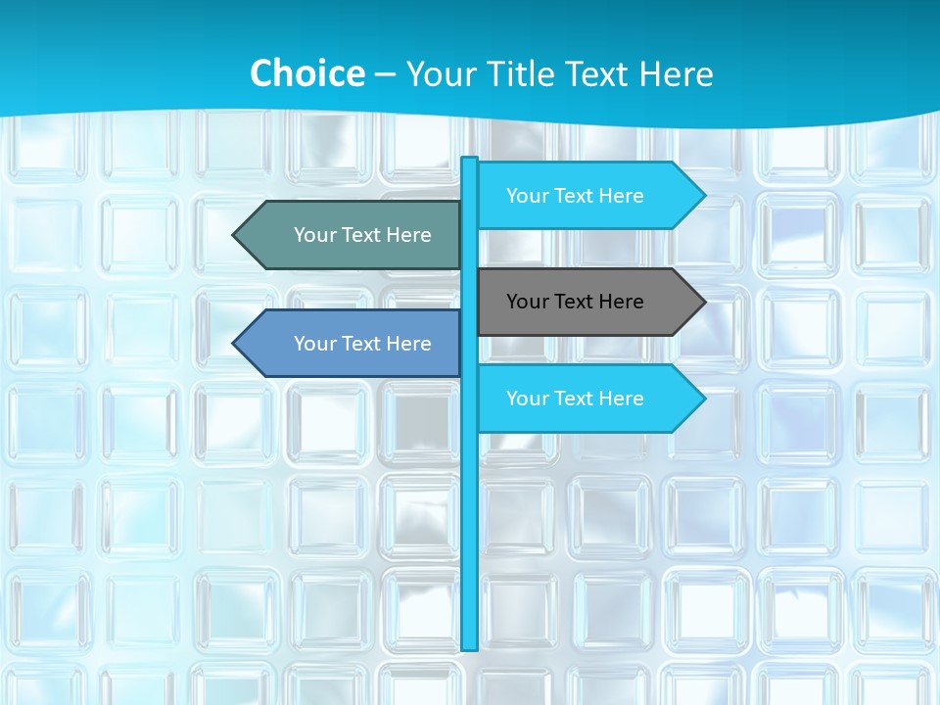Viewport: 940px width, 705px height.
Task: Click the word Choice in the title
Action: pyautogui.click(x=306, y=73)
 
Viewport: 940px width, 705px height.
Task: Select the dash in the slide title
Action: pyautogui.click(x=385, y=74)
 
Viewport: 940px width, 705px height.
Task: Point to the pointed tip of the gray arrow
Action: pyautogui.click(x=703, y=302)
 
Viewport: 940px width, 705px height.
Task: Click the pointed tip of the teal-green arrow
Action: pyautogui.click(x=235, y=235)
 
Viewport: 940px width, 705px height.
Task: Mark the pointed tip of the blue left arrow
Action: pyautogui.click(x=235, y=344)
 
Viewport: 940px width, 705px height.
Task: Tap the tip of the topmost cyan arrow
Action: pyautogui.click(x=703, y=196)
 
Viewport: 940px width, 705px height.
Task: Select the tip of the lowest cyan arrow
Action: pyautogui.click(x=703, y=399)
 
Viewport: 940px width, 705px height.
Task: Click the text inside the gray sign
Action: pyautogui.click(x=575, y=302)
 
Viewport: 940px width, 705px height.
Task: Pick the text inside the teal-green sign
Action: pyautogui.click(x=362, y=235)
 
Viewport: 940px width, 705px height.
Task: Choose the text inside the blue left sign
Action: pyautogui.click(x=362, y=344)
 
